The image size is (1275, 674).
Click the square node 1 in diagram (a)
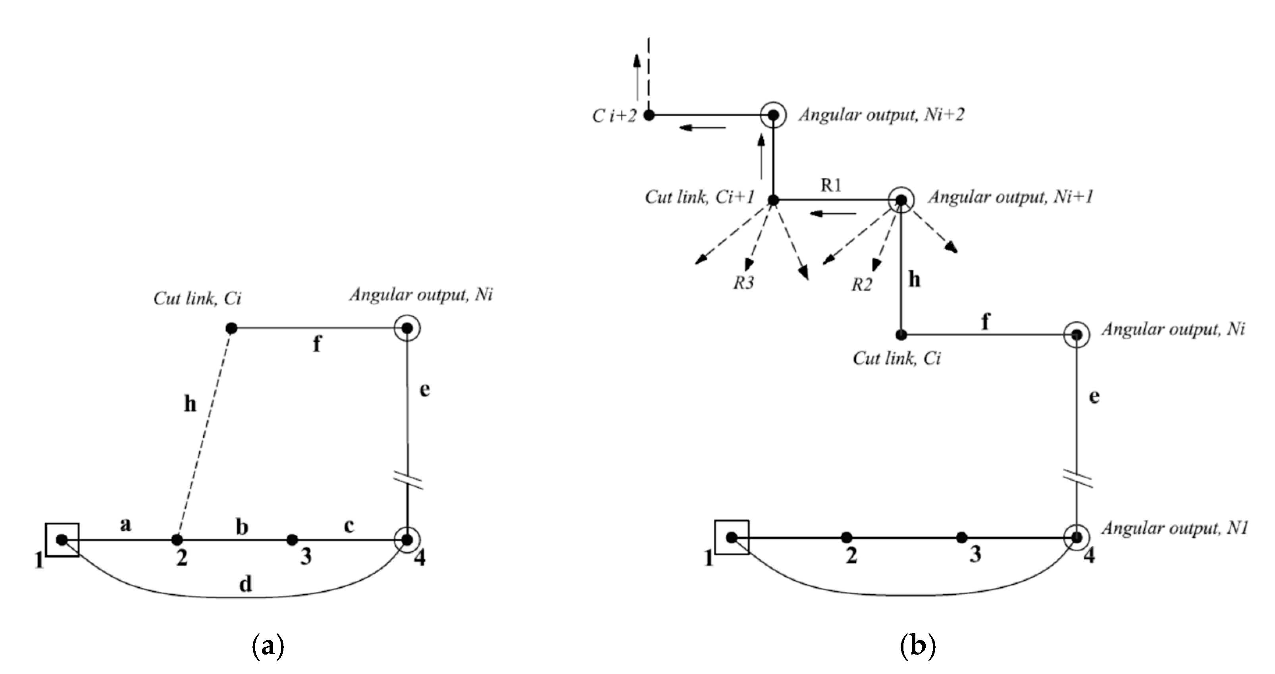click(62, 539)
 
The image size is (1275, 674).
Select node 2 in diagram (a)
click(177, 539)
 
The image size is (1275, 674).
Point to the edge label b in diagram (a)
click(241, 527)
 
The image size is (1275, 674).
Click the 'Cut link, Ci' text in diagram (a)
click(197, 298)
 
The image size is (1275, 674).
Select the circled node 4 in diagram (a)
click(407, 539)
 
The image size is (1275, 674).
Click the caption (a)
click(268, 646)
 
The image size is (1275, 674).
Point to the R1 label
click(831, 185)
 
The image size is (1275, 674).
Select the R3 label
click(743, 283)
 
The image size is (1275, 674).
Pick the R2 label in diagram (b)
click(862, 285)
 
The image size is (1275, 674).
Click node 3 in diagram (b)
click(961, 537)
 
